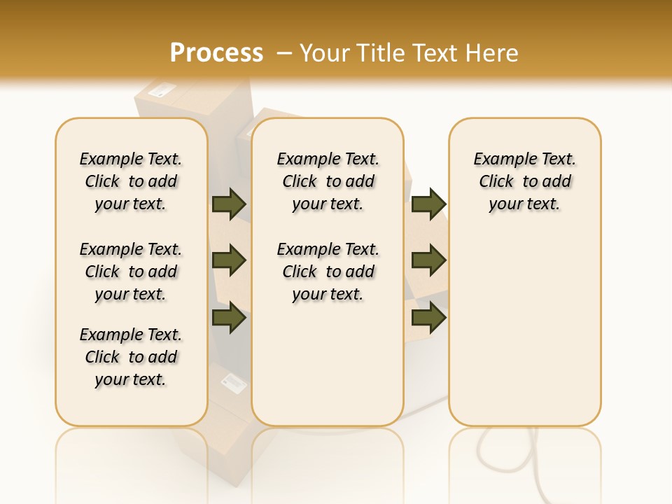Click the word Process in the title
(x=216, y=53)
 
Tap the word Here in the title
(x=494, y=53)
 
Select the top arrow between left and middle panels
(x=229, y=204)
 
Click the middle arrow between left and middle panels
(x=229, y=260)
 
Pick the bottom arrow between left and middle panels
(x=229, y=317)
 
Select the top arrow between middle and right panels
(x=428, y=204)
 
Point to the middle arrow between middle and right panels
(x=428, y=260)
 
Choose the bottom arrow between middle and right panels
(x=428, y=317)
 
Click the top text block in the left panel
(x=131, y=181)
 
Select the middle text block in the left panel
(x=131, y=272)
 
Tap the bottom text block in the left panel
(x=131, y=357)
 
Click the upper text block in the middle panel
(x=328, y=181)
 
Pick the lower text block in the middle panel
(x=328, y=272)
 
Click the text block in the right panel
(x=525, y=181)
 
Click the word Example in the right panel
(x=499, y=160)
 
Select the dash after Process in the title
(x=284, y=53)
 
